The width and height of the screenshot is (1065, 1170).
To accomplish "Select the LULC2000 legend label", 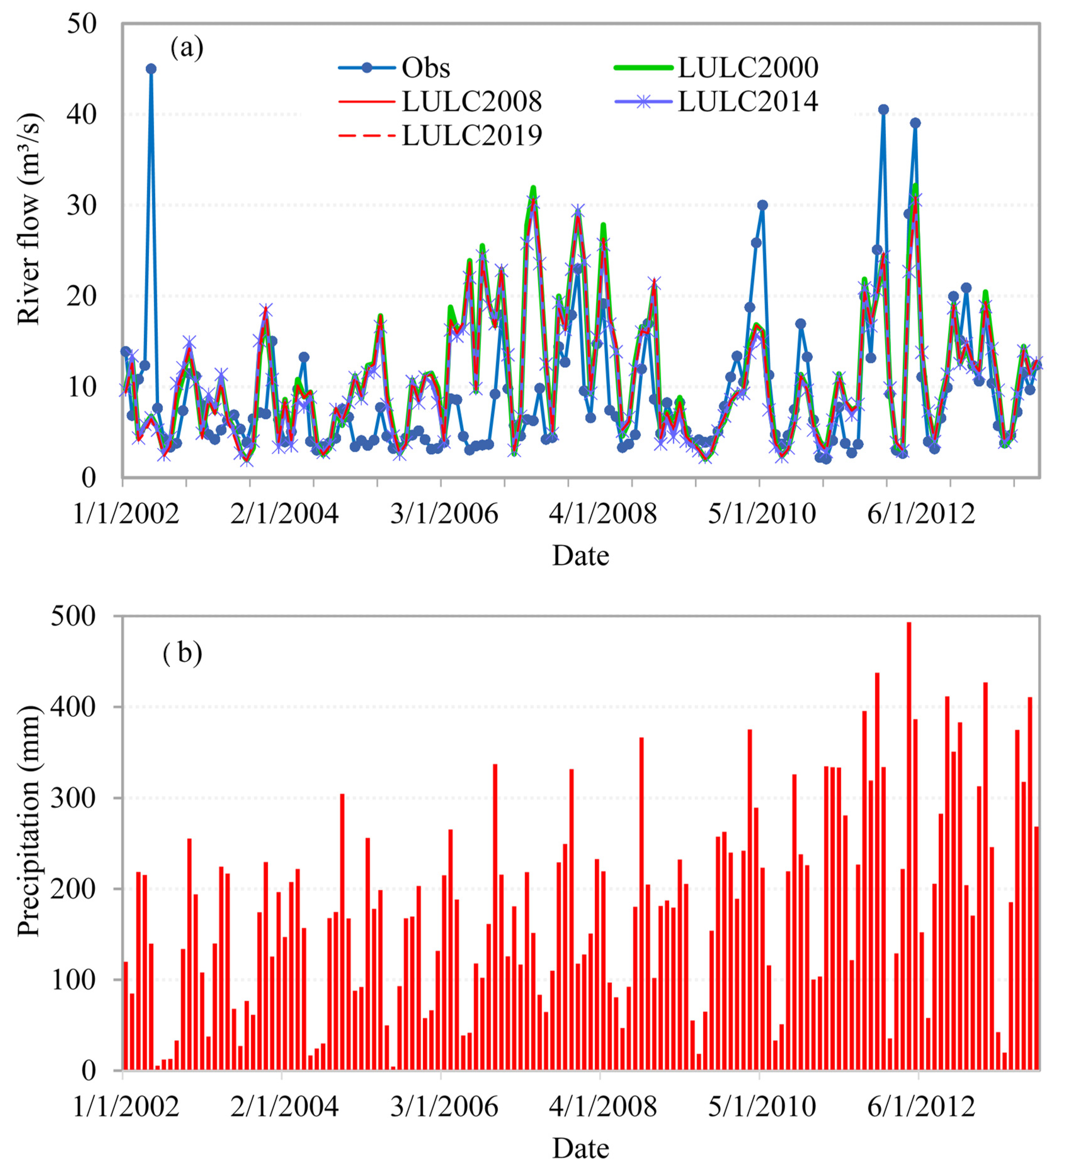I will pos(748,68).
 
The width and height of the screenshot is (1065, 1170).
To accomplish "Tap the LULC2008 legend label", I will pos(471,101).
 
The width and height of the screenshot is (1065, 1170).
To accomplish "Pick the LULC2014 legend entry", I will pos(748,101).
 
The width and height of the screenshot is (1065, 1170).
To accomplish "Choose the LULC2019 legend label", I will pos(471,135).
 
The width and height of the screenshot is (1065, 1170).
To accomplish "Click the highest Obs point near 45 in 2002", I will pos(151,68).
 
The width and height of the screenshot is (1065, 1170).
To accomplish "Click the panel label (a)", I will pos(186,48).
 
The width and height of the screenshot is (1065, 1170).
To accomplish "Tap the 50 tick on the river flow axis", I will pos(81,24).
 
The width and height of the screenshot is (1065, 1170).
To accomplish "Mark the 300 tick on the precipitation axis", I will pos(72,798).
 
